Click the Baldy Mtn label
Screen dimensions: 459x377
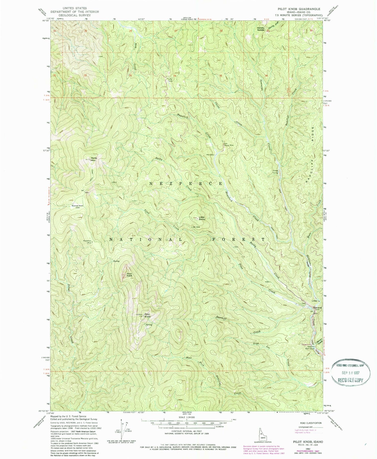pos(94,159)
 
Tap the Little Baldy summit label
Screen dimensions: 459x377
pos(202,218)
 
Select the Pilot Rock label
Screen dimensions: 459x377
pos(129,275)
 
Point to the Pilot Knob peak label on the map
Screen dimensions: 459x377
pos(147,315)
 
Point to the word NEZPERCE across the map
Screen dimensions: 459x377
pos(186,183)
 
